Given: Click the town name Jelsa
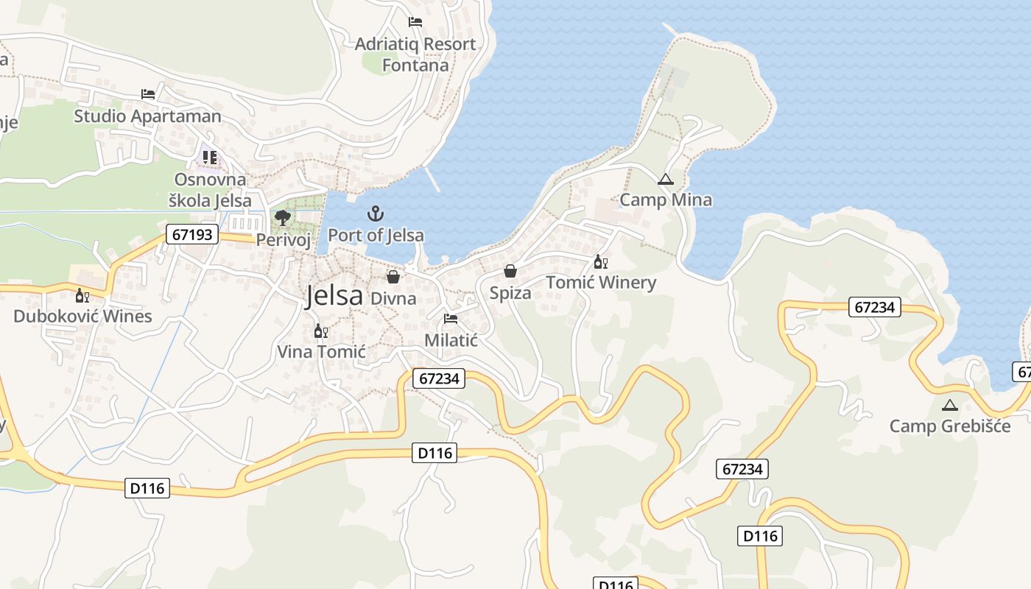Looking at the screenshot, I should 334,295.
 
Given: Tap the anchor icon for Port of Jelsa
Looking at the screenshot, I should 376,214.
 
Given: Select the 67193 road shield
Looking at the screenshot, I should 193,235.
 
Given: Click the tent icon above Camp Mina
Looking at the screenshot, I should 666,179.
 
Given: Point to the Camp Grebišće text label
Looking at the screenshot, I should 949,426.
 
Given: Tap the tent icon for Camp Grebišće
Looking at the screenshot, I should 949,405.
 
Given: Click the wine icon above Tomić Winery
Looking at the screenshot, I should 601,262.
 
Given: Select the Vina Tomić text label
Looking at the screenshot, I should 321,352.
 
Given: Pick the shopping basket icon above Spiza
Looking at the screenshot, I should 510,271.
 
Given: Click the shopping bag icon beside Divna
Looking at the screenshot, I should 393,277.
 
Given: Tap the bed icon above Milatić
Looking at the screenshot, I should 451,319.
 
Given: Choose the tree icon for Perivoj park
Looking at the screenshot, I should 282,217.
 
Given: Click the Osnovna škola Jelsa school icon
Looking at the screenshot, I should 210,158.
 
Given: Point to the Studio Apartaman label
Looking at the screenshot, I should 147,116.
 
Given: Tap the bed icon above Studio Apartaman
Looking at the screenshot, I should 148,94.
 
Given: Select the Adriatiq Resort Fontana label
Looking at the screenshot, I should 415,54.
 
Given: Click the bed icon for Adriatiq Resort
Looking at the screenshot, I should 415,22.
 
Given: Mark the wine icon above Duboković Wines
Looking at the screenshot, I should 82,296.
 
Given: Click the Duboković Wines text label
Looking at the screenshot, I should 82,317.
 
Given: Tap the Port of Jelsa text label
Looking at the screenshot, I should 376,236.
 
